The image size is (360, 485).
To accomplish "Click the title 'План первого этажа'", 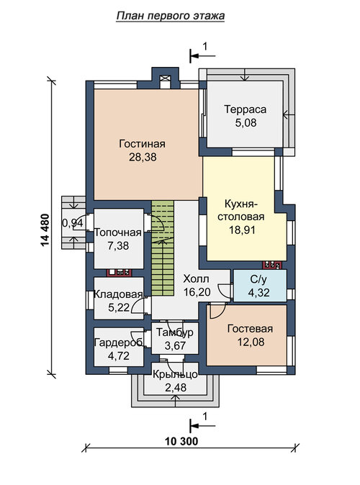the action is (171, 16).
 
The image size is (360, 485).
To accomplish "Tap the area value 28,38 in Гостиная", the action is (143, 157).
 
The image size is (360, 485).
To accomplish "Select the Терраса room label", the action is (245, 109).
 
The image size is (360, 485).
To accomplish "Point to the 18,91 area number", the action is (242, 230).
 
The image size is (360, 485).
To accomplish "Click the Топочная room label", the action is (118, 232).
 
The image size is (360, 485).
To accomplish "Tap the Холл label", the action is (197, 278).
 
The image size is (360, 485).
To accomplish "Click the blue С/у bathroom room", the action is (259, 285).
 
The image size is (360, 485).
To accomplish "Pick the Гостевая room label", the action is (250, 328).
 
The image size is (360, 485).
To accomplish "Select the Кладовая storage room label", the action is (118, 294).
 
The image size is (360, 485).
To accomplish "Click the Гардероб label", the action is (119, 343).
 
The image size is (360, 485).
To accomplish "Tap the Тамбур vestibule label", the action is (175, 332).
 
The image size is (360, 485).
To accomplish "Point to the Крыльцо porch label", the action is (175, 375).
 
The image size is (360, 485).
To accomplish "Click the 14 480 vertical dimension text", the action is (45, 230).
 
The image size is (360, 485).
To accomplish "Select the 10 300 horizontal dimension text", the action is (181, 441).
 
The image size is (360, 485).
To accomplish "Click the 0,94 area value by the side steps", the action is (73, 222).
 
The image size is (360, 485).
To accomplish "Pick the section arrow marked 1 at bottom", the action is (203, 426).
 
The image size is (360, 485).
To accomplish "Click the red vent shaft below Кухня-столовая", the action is (272, 265).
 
